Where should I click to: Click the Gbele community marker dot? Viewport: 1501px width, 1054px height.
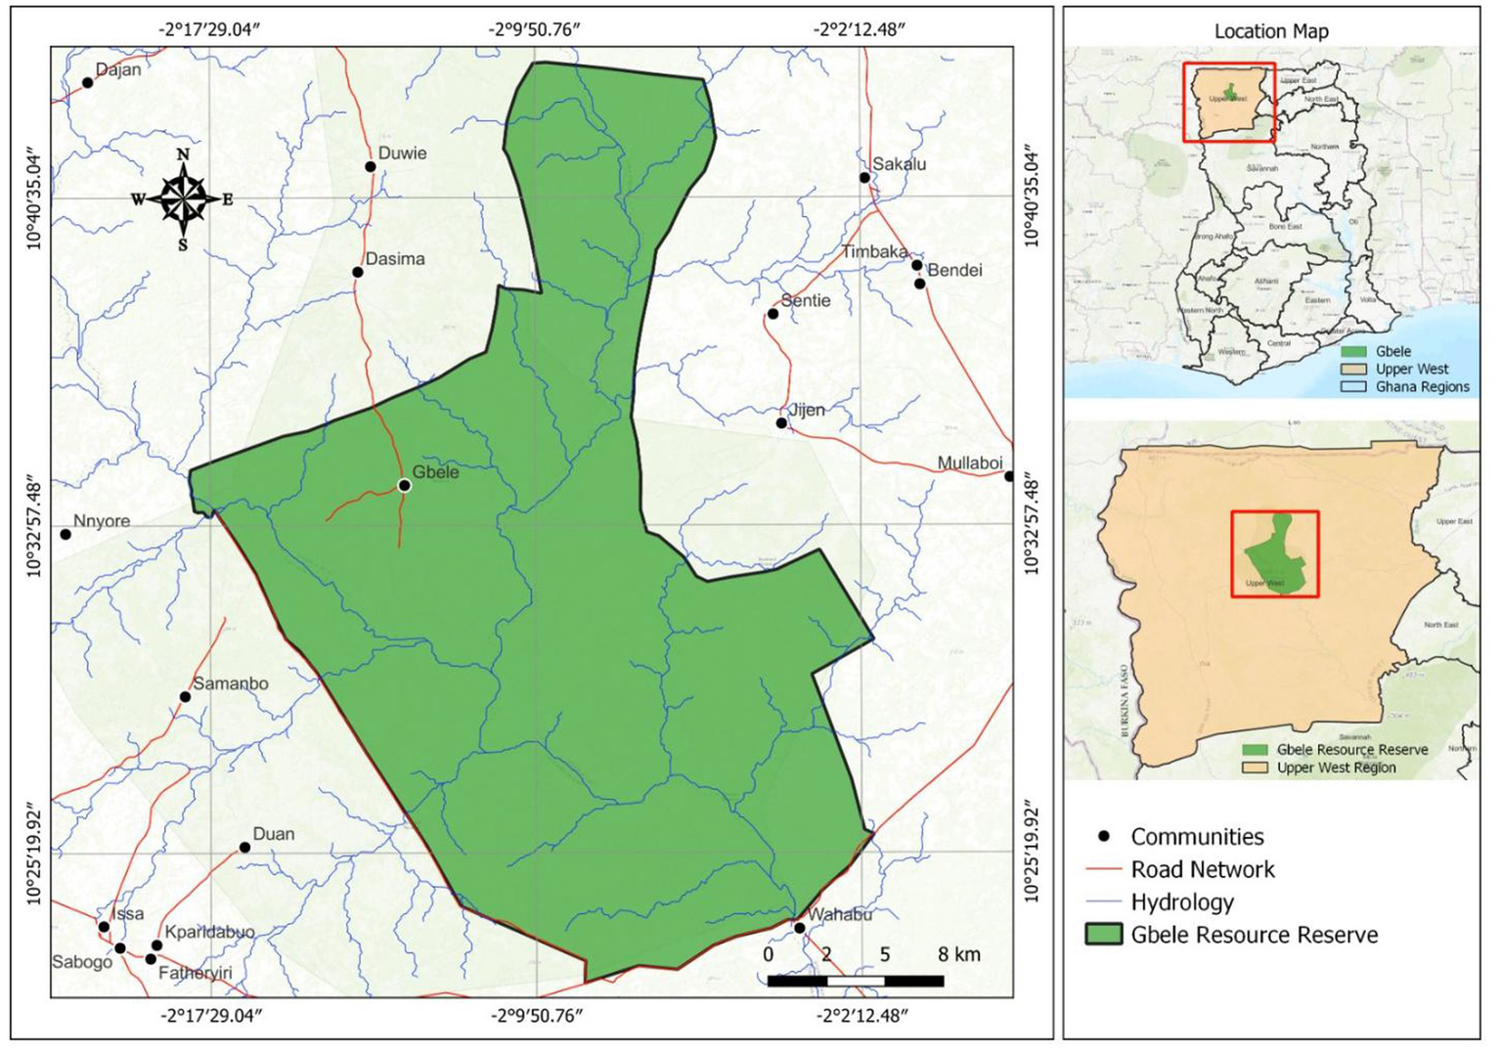(405, 485)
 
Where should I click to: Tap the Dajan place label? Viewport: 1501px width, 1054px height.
(118, 69)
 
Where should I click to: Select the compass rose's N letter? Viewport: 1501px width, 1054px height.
(183, 154)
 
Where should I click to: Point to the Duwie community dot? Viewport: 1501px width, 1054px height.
(371, 166)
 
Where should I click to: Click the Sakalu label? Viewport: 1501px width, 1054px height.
(899, 163)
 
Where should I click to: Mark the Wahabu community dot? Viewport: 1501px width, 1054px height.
(800, 928)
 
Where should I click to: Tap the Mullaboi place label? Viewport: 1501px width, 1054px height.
(970, 462)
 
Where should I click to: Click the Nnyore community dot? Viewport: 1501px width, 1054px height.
(66, 534)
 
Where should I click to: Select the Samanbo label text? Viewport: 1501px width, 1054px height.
(230, 683)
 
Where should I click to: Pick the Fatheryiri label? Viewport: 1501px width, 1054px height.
(195, 973)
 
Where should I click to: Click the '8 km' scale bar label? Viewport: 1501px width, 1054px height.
(958, 954)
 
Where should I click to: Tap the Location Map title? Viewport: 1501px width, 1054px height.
(1271, 31)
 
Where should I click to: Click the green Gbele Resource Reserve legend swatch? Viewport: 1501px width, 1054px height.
(1103, 935)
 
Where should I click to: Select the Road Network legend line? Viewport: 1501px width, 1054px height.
(1103, 869)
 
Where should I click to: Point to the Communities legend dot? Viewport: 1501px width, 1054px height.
(1104, 836)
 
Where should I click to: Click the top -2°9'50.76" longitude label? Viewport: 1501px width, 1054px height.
(535, 29)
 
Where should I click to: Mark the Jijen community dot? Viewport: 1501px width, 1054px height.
(781, 423)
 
